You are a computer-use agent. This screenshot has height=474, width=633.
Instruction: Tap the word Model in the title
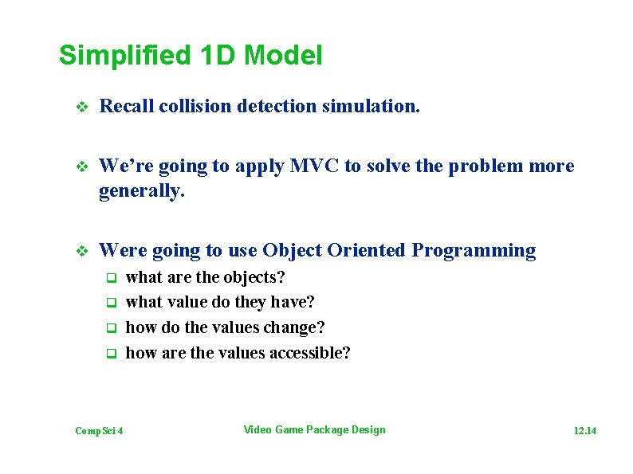(284, 56)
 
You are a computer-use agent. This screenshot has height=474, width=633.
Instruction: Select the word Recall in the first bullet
(126, 106)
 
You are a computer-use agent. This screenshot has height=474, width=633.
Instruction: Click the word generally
(141, 191)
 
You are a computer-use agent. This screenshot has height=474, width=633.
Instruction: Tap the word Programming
(474, 250)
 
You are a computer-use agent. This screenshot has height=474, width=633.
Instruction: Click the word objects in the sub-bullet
(251, 277)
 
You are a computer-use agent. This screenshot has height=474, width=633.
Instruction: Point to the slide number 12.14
(585, 431)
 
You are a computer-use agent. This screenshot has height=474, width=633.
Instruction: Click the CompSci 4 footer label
(99, 431)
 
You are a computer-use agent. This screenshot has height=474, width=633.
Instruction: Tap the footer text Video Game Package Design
(314, 430)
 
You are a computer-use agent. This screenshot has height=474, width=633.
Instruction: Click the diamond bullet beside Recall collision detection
(78, 107)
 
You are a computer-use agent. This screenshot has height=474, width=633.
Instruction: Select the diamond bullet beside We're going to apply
(78, 166)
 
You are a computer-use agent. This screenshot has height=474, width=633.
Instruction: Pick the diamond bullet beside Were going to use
(78, 251)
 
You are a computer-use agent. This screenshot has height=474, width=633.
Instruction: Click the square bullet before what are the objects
(112, 278)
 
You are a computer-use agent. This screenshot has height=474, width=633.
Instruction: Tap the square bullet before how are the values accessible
(112, 354)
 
